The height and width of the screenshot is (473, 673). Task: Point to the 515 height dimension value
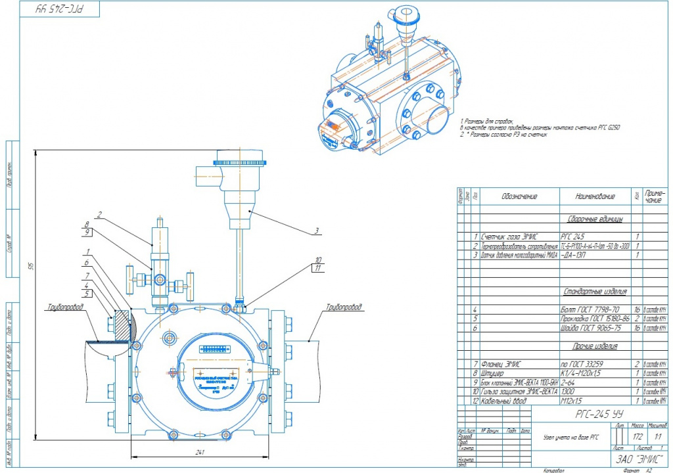(x=30, y=266)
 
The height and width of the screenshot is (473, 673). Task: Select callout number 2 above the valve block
(x=99, y=214)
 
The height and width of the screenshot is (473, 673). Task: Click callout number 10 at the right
(x=318, y=259)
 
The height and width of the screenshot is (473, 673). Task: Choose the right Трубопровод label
(x=343, y=307)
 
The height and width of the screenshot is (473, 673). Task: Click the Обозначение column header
(x=519, y=196)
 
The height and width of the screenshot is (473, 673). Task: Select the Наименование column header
(x=595, y=196)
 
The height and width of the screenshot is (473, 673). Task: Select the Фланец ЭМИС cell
(x=504, y=363)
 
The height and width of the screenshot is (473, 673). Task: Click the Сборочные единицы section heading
(x=595, y=219)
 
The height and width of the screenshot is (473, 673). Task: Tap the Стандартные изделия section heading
(x=595, y=291)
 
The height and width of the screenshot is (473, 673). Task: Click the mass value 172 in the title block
(x=637, y=436)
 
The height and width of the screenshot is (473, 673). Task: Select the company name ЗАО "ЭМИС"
(x=636, y=459)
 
